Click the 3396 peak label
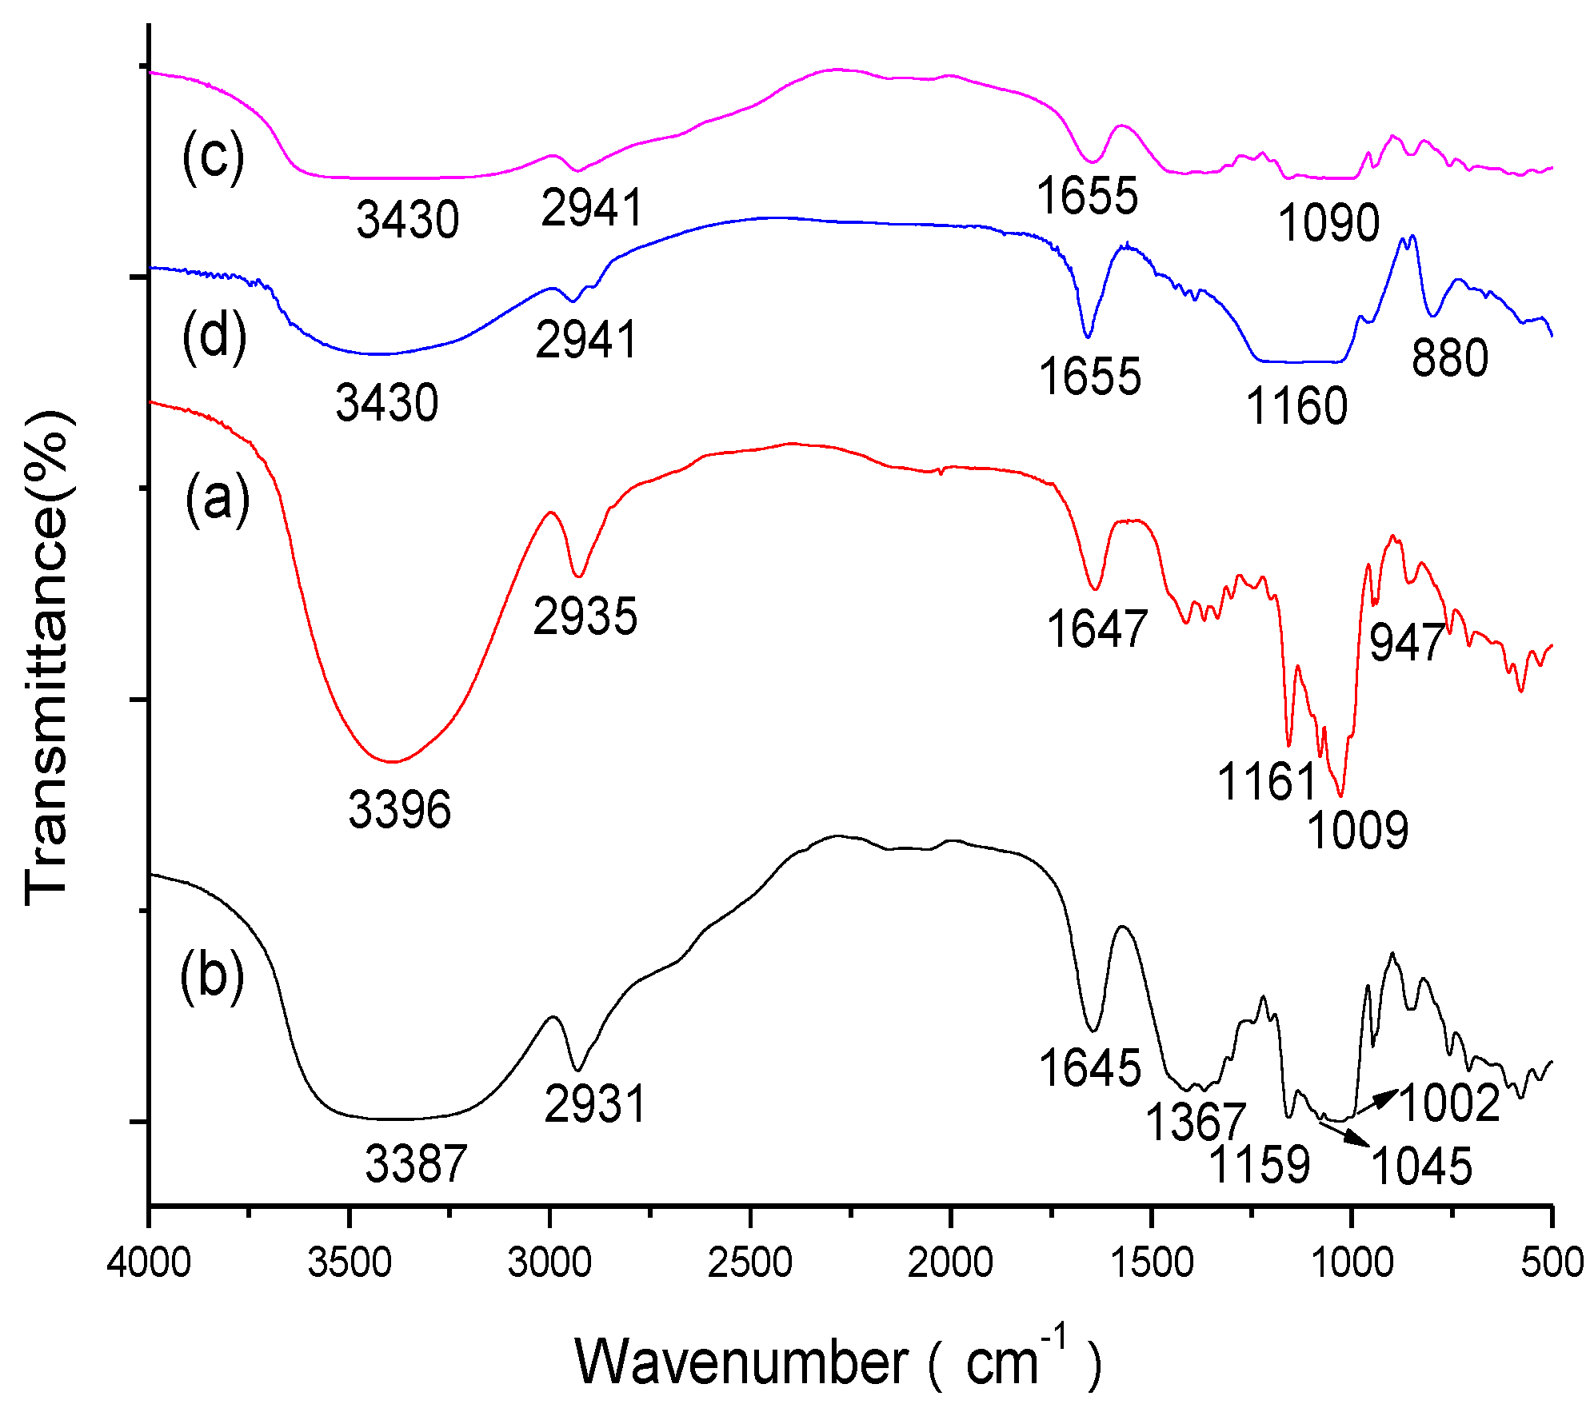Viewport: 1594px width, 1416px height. click(x=399, y=809)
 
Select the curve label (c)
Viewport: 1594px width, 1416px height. click(x=213, y=157)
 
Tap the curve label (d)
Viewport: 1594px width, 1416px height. click(x=214, y=336)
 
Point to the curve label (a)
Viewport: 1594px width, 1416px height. click(x=217, y=499)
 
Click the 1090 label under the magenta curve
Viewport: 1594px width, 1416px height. click(x=1328, y=222)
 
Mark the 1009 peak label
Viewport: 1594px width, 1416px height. click(x=1357, y=830)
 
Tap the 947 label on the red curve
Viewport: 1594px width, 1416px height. click(x=1406, y=642)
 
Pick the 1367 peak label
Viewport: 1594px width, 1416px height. click(x=1196, y=1122)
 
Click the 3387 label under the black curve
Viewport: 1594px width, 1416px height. click(x=416, y=1163)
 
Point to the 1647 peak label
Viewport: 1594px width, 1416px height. click(x=1097, y=628)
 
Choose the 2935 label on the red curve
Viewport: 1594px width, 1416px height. click(x=585, y=616)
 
